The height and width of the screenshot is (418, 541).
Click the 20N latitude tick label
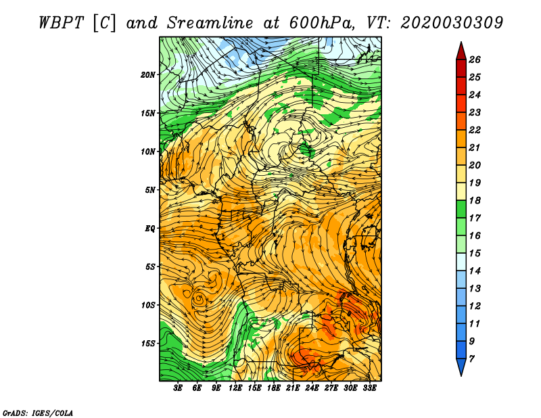[x=147, y=74]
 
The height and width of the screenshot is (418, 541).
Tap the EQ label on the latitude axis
[x=150, y=228]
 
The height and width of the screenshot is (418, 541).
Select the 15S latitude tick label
[x=147, y=344]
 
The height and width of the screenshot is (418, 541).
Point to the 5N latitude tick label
[x=149, y=190]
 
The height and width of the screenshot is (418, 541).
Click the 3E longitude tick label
[x=177, y=388]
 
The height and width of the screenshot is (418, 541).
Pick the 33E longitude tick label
[x=369, y=388]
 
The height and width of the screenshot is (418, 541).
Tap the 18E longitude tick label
[x=273, y=388]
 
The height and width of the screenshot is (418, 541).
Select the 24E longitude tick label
[x=312, y=388]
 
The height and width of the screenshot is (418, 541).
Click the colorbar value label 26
[x=475, y=60]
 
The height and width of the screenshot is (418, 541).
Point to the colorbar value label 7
[x=471, y=359]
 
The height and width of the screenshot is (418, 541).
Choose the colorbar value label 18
[x=475, y=200]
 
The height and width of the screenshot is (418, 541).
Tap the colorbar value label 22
[x=475, y=130]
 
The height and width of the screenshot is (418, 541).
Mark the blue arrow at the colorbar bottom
[x=461, y=366]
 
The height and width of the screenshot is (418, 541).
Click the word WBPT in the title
[x=62, y=23]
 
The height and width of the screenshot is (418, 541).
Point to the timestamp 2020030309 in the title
[x=452, y=23]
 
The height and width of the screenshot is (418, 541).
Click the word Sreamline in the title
[x=210, y=23]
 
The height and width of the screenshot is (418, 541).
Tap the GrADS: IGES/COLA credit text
[x=38, y=413]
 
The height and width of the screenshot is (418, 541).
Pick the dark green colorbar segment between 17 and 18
[x=461, y=209]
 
